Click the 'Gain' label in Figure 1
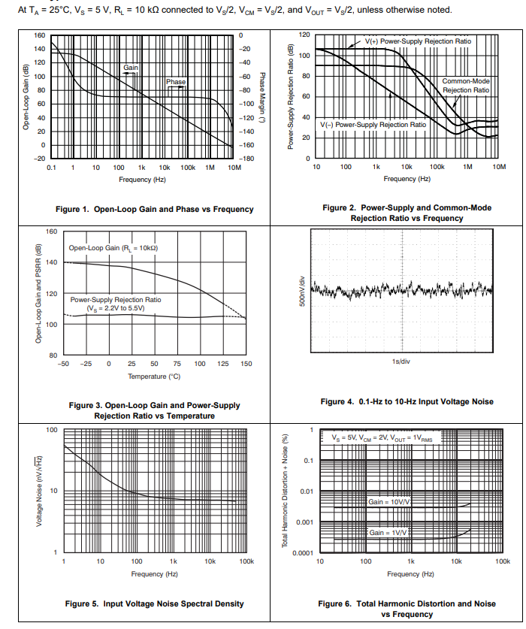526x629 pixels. tap(131, 68)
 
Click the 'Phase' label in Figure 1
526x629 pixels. tap(176, 81)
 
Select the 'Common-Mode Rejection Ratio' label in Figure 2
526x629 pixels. tap(465, 85)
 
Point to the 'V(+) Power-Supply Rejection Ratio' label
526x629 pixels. tap(419, 41)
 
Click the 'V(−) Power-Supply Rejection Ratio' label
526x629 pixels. tap(373, 124)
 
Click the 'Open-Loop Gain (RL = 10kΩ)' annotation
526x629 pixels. tap(113, 247)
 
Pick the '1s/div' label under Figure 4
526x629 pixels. tap(400, 361)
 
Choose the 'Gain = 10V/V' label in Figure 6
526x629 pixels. tap(388, 500)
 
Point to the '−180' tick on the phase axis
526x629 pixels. tap(245, 159)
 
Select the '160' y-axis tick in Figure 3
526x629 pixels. tap(52, 231)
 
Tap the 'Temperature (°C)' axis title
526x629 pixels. tap(154, 376)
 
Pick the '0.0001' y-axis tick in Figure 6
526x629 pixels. tap(303, 553)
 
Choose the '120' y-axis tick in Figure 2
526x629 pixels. tap(304, 35)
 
